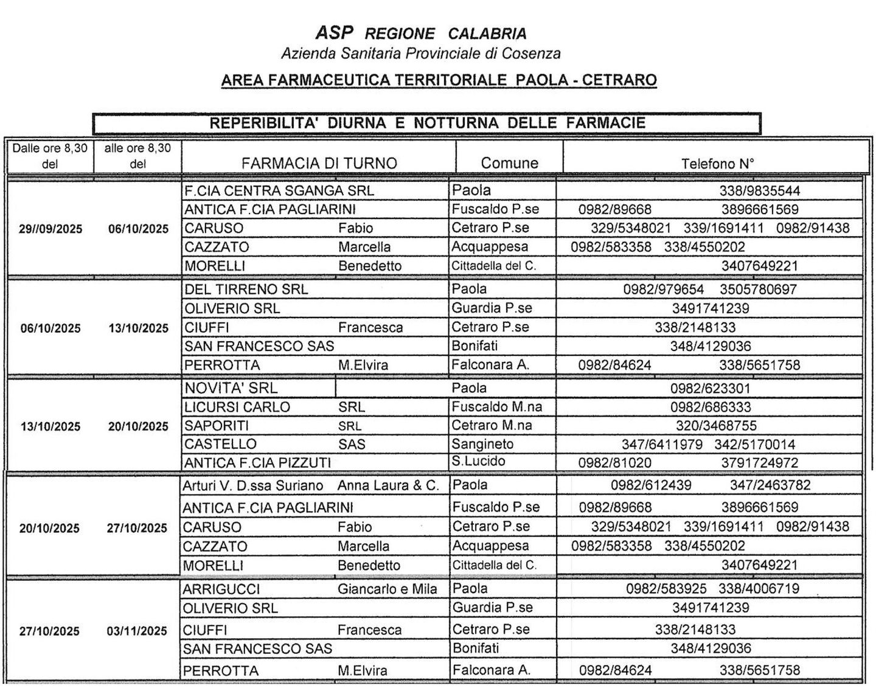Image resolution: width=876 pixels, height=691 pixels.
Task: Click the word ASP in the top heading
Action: click(334, 33)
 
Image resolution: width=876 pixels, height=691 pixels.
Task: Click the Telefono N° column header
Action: click(717, 163)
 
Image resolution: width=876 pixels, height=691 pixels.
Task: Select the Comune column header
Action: click(509, 163)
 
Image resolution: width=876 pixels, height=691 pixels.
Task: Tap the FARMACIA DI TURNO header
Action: click(319, 163)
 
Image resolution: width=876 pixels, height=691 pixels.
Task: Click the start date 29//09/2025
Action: click(50, 229)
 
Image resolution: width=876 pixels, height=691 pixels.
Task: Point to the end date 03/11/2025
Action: click(137, 631)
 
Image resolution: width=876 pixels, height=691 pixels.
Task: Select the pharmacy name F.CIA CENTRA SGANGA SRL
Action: click(279, 191)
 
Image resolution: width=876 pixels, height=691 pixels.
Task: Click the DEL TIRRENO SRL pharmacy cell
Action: click(246, 290)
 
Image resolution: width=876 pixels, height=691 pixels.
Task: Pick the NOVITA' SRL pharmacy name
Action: click(231, 388)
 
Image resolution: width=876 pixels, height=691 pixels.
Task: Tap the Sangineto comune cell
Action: click(482, 444)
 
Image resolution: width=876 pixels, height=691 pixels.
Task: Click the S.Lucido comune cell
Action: click(478, 462)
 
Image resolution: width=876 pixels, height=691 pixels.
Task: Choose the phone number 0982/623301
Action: click(710, 389)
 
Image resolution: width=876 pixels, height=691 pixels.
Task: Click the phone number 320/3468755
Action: click(716, 426)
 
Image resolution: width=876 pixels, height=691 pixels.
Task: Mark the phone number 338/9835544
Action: click(760, 191)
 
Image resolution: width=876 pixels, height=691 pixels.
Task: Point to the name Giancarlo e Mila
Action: click(388, 589)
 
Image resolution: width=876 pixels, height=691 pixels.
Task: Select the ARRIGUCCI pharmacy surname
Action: click(221, 589)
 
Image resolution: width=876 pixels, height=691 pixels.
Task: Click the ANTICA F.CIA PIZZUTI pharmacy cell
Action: click(257, 463)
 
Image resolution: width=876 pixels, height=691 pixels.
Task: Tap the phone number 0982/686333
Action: click(711, 407)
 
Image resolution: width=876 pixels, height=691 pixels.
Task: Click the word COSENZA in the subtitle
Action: click(531, 54)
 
